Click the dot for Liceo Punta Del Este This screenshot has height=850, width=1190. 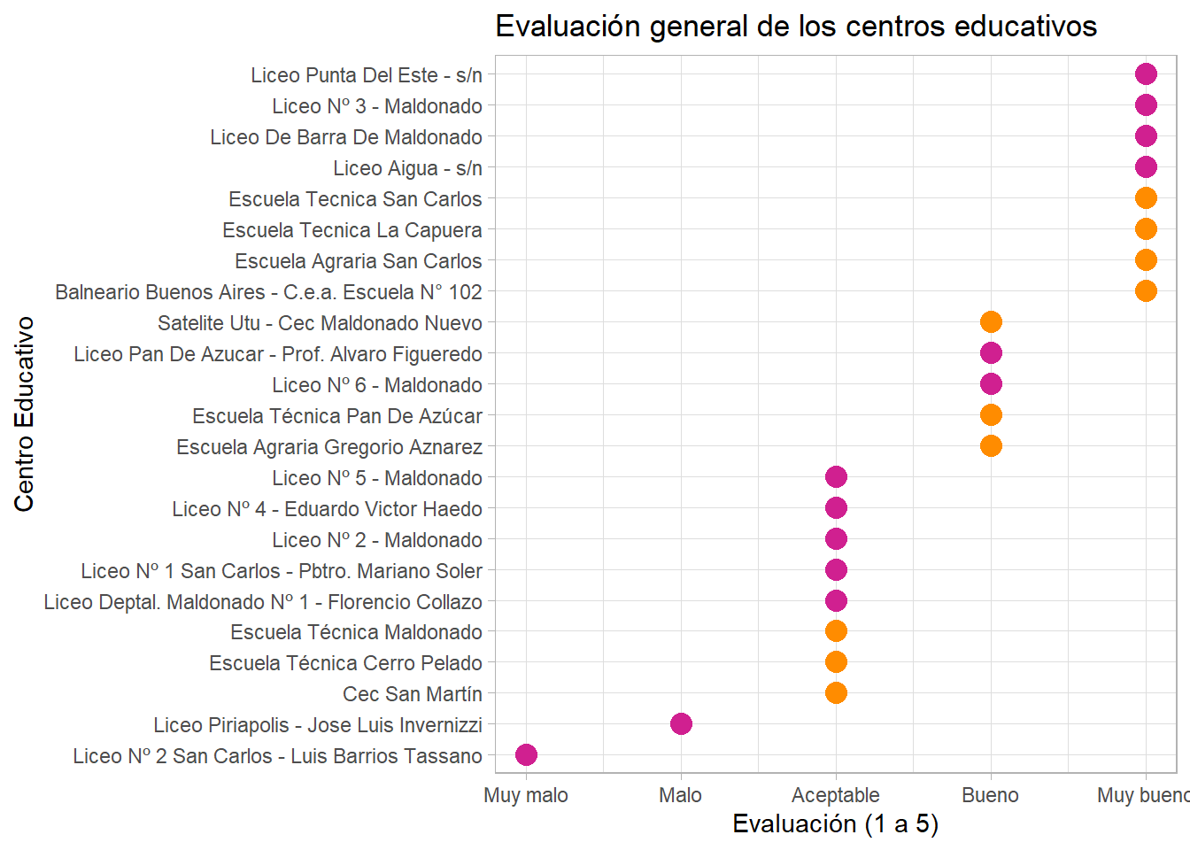coord(1146,74)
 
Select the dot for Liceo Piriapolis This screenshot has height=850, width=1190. coord(681,724)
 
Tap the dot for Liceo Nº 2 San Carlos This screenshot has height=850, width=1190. coord(526,755)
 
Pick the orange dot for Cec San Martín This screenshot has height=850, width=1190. coord(836,693)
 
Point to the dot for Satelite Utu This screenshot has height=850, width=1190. coord(991,322)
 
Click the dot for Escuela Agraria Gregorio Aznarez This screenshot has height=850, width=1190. coord(991,446)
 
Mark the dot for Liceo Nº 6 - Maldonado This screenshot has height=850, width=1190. coord(991,384)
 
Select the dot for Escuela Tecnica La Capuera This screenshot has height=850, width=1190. coord(1146,229)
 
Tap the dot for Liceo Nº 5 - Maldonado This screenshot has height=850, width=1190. coord(836,477)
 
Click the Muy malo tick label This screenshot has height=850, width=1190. coord(526,795)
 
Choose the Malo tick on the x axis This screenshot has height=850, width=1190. coord(681,795)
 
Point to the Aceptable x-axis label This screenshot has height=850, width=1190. coord(836,795)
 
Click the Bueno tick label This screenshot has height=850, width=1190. coord(990,795)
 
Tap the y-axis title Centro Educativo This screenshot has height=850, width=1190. coord(24,414)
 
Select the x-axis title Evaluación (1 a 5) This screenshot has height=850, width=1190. coord(835,824)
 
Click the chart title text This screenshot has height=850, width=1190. coord(796,27)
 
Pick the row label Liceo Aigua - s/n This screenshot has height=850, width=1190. coord(407,168)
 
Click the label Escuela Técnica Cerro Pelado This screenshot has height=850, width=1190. coord(345,663)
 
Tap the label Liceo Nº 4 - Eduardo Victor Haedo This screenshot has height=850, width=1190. coord(327,509)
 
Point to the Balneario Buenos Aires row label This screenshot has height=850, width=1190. coord(268,292)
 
